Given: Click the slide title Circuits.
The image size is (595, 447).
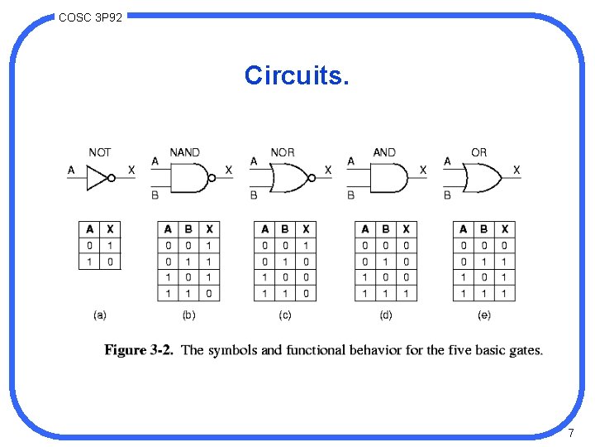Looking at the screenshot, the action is click(x=297, y=75).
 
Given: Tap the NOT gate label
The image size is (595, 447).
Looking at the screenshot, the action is click(x=100, y=152).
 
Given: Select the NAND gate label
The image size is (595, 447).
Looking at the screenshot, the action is click(x=184, y=152).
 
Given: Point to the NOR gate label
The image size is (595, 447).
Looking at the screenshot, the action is click(x=283, y=152).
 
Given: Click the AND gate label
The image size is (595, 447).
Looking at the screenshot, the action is click(x=384, y=152).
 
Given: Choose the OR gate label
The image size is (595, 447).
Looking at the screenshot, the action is click(x=478, y=152).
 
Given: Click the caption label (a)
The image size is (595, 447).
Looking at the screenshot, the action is click(x=100, y=315).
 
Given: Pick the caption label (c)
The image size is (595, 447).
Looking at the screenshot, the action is click(x=285, y=315).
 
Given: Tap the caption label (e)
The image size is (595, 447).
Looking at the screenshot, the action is click(x=483, y=315).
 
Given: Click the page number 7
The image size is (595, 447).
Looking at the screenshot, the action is click(x=571, y=433).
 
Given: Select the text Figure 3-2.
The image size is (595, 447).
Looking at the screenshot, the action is click(x=139, y=350).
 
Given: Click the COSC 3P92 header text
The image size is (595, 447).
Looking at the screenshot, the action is click(x=91, y=17).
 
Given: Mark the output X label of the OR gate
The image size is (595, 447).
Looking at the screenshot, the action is click(x=516, y=170).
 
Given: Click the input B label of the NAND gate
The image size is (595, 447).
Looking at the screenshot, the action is click(x=155, y=195).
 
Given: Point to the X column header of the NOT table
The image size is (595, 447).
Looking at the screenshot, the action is click(x=111, y=228).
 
